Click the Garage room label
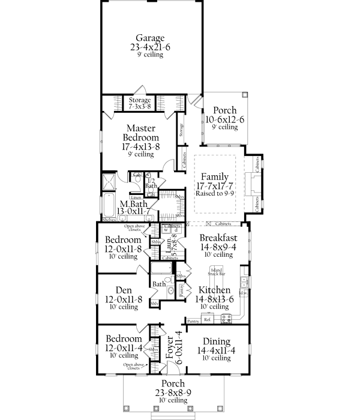[x=149, y=38]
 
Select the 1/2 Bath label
[x=152, y=184]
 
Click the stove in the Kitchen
[x=227, y=318]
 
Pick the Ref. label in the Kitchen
[x=208, y=320]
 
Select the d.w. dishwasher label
[x=244, y=293]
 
